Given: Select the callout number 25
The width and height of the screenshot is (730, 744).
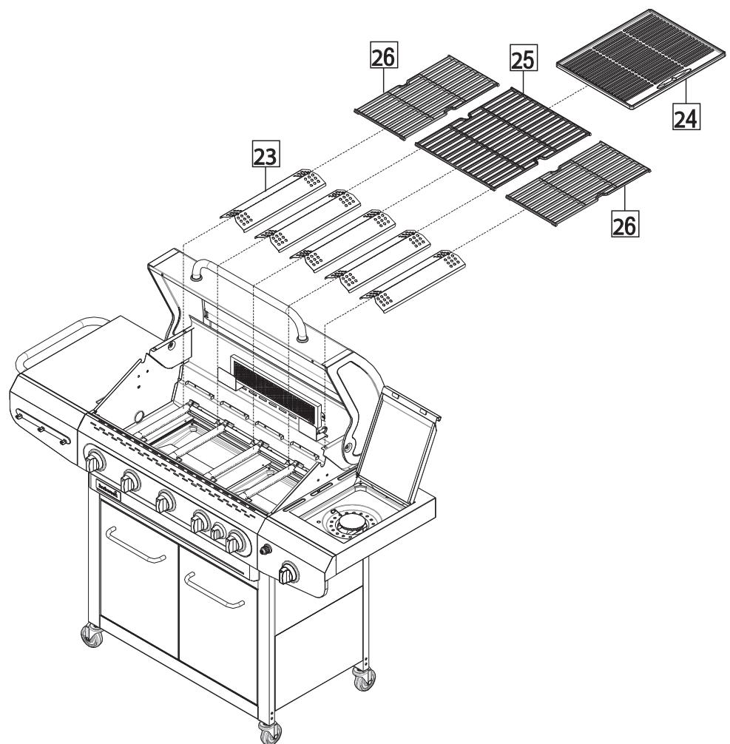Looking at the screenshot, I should click(x=523, y=56).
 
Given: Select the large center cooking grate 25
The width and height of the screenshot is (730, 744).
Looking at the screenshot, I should click(x=504, y=136).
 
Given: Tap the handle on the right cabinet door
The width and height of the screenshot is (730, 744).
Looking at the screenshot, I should click(x=214, y=591).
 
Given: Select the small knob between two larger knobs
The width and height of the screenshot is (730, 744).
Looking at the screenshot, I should click(x=217, y=532).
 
